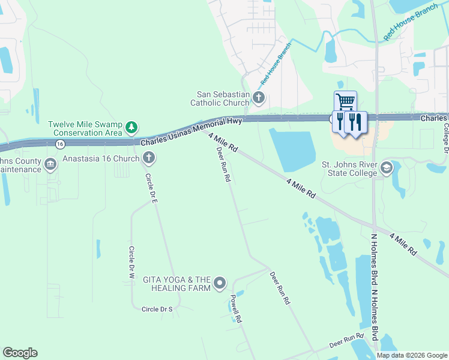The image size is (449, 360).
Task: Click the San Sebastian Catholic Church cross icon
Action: point(259,98)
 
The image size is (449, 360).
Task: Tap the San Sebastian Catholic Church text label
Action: point(224,98)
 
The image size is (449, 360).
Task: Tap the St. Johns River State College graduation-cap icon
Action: point(386,169)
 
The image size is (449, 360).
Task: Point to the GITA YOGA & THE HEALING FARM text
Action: point(176,284)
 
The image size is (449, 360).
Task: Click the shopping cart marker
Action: point(345,101)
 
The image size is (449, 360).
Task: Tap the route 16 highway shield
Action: point(59,144)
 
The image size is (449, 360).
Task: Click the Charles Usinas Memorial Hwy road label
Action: point(191,132)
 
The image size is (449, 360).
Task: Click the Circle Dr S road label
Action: point(157,309)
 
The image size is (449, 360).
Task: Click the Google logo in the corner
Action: point(20,353)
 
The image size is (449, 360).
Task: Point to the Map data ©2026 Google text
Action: point(411,355)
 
